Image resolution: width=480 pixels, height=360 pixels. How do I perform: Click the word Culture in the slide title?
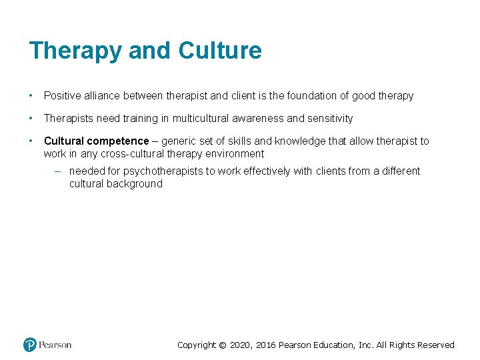(x=220, y=50)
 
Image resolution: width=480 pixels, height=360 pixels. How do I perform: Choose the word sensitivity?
(x=329, y=119)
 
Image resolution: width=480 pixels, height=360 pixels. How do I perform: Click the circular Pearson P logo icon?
(x=30, y=345)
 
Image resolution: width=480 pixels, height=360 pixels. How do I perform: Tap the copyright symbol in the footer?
(x=223, y=345)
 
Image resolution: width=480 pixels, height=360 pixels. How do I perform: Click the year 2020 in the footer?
(x=241, y=345)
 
